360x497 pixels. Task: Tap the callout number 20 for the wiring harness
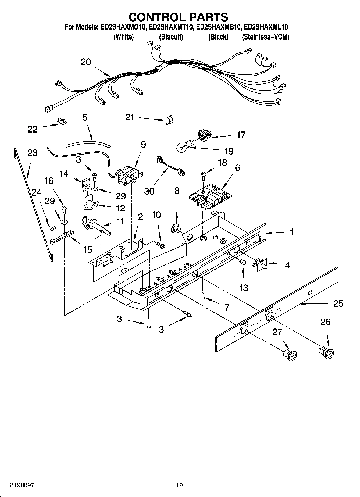[86, 62]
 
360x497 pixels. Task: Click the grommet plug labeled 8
[176, 229]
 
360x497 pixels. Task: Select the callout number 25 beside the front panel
[338, 303]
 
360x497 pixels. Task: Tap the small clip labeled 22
[62, 122]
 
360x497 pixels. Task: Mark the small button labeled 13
[243, 262]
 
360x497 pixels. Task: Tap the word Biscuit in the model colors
[171, 37]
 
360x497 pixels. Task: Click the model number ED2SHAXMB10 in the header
[219, 27]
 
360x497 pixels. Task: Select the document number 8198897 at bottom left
[22, 485]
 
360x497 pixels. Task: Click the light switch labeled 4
[260, 264]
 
